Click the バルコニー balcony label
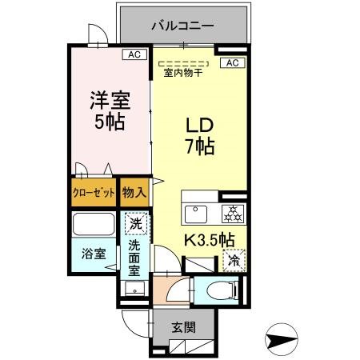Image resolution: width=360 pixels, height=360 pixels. [x=183, y=26]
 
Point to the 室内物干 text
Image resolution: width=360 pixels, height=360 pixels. [x=184, y=74]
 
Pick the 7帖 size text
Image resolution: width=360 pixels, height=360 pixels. [x=200, y=148]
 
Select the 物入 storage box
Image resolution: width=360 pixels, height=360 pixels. [x=134, y=194]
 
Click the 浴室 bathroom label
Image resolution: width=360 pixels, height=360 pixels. [x=92, y=254]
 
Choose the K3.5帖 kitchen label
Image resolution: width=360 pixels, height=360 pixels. [x=210, y=238]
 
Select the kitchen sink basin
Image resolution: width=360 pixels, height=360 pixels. [x=197, y=214]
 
